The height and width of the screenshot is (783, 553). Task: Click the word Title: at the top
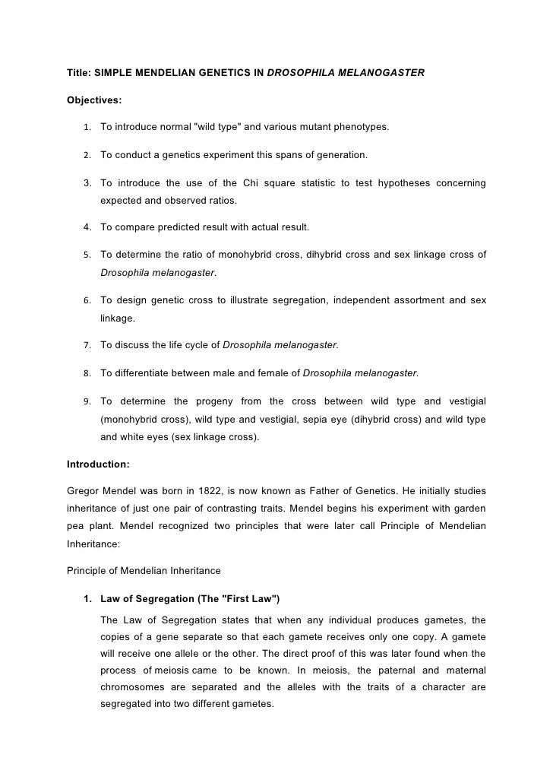tap(80, 73)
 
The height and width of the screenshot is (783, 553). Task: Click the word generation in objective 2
tap(340, 155)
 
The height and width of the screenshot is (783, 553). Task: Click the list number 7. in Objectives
tap(87, 345)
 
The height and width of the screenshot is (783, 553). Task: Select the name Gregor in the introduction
tap(84, 491)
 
